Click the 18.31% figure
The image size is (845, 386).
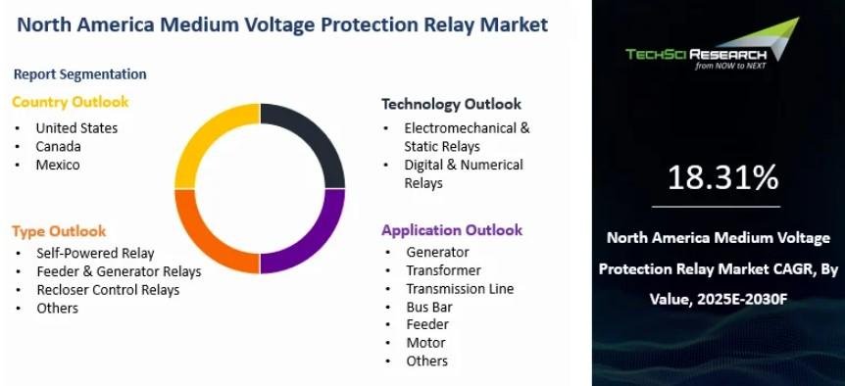click(x=723, y=177)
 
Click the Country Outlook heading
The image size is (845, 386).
click(x=70, y=102)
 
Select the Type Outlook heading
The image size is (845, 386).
click(x=59, y=231)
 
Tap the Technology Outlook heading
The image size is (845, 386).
click(x=452, y=105)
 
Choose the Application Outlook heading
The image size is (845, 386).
click(x=452, y=230)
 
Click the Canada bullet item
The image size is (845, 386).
click(x=58, y=146)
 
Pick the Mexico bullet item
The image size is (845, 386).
click(x=58, y=165)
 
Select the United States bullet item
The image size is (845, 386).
click(x=76, y=128)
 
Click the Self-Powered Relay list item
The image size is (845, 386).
click(x=95, y=253)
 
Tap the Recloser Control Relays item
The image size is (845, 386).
click(x=108, y=290)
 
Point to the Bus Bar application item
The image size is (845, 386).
click(x=429, y=307)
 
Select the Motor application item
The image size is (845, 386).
click(x=425, y=342)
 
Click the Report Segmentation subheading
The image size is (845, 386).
click(x=79, y=74)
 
